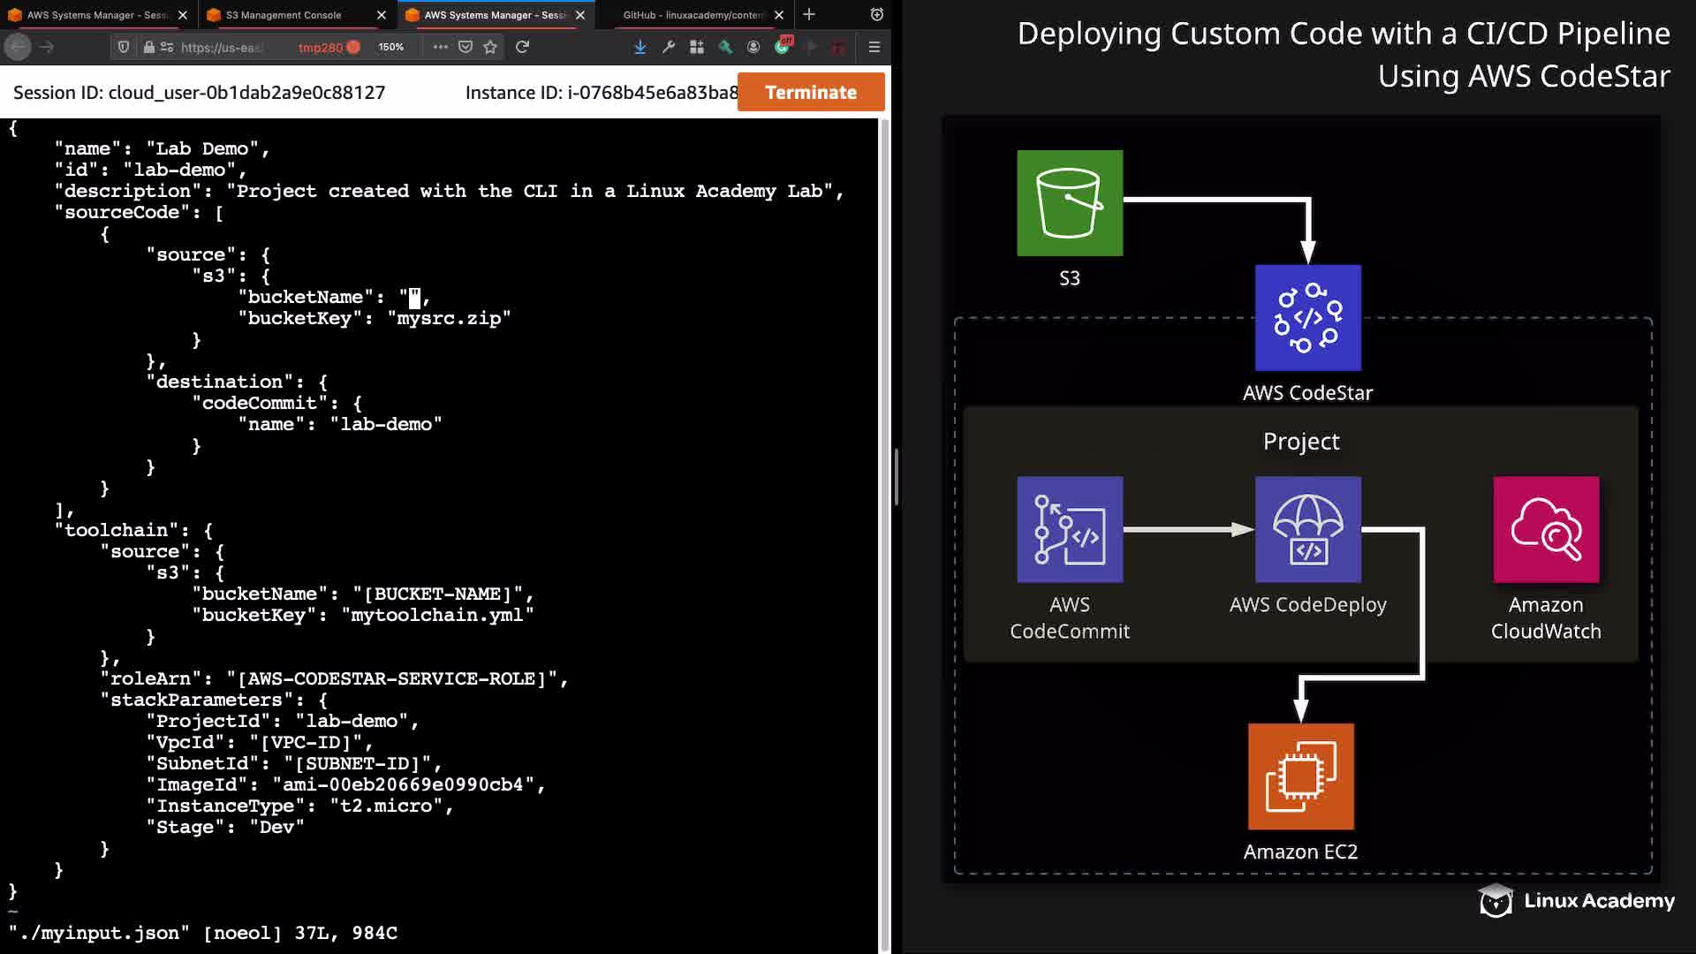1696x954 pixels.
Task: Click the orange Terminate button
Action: [x=811, y=92]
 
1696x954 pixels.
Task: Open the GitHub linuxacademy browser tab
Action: [x=693, y=15]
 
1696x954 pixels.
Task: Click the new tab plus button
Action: [x=809, y=14]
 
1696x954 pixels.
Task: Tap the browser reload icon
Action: [x=522, y=47]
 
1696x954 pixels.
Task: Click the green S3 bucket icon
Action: [x=1070, y=203]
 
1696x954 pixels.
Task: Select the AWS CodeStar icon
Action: [x=1308, y=318]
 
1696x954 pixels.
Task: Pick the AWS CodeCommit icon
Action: [x=1070, y=530]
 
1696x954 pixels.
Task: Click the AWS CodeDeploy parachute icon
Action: [x=1308, y=530]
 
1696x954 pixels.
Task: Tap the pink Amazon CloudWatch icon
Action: [x=1546, y=530]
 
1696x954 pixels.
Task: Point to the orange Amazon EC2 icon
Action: [x=1301, y=776]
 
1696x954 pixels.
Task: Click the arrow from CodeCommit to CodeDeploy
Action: [x=1189, y=530]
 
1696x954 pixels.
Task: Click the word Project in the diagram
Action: [x=1301, y=441]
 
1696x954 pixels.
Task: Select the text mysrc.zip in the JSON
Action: [x=449, y=319]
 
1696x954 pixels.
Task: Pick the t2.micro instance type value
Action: [x=386, y=806]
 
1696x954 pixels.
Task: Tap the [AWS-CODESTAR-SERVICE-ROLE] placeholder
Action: [x=392, y=679]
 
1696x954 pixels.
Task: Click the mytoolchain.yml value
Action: [x=437, y=616]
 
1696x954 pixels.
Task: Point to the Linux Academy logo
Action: [x=1576, y=901]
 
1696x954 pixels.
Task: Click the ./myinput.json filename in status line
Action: [x=99, y=934]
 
